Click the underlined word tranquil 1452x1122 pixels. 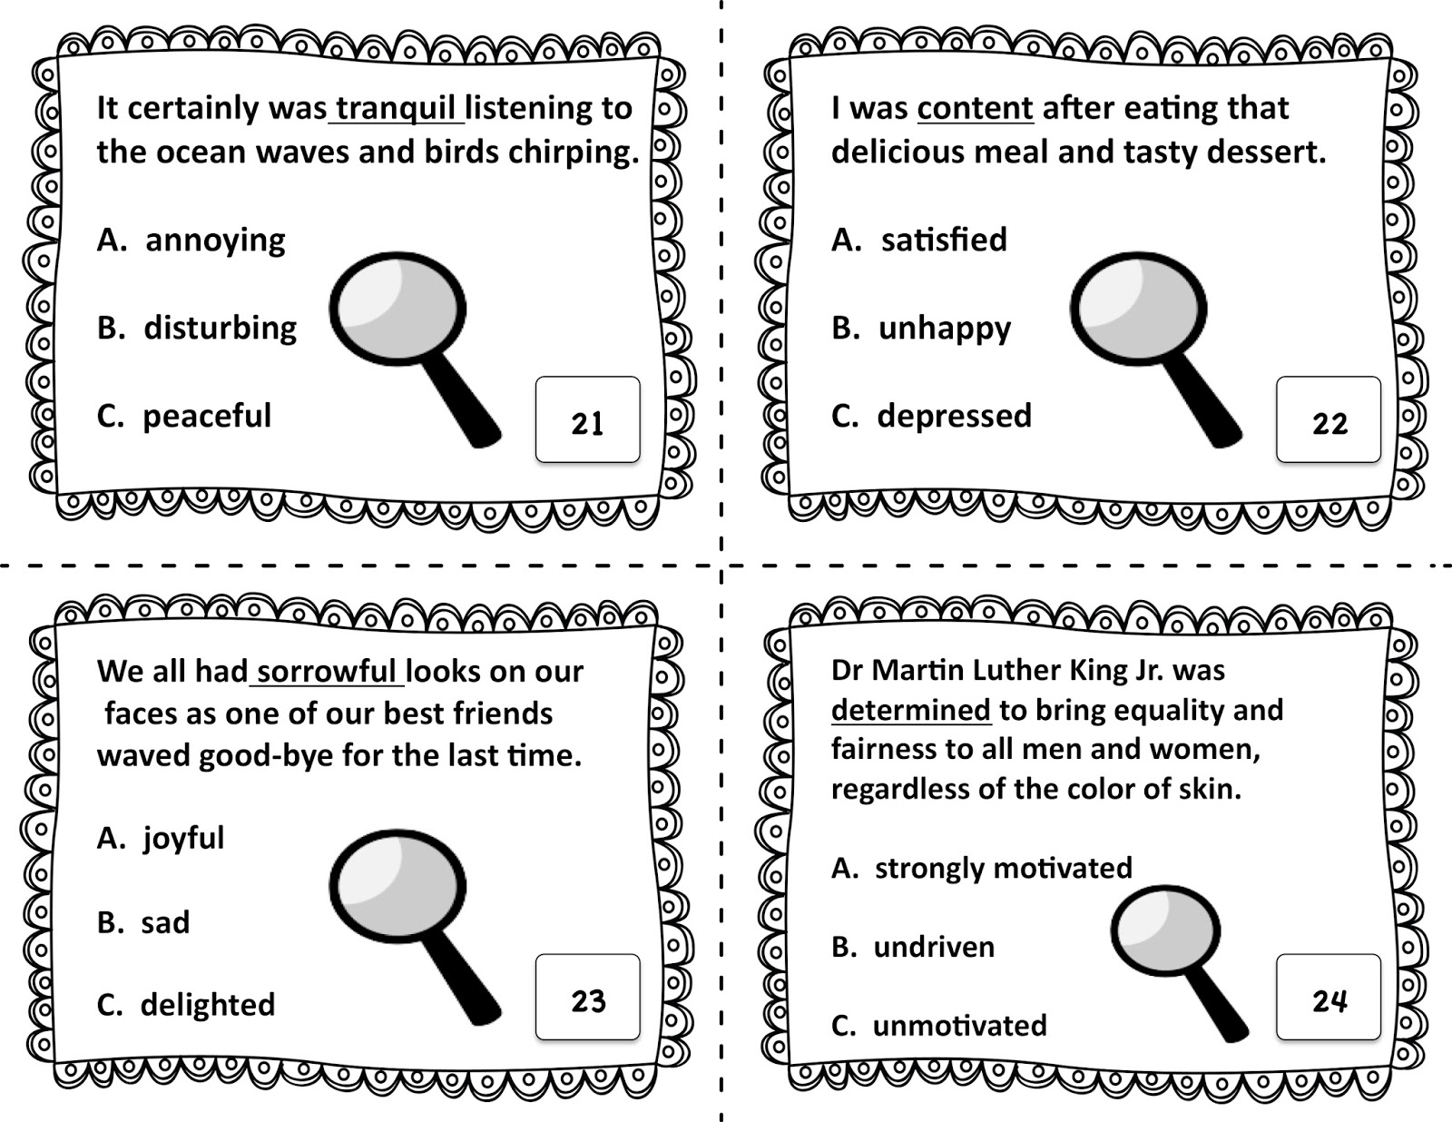396,109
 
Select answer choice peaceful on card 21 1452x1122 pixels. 207,417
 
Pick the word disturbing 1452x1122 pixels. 221,328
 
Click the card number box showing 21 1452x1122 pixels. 587,419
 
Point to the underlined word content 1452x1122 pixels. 976,108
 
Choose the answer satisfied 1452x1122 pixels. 944,240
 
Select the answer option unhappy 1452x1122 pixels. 945,329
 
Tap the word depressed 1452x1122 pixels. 954,417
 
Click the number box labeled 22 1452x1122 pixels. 1329,419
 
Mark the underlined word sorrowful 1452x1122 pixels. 327,672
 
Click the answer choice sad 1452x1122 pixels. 166,922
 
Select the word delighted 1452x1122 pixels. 208,1004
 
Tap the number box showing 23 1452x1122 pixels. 587,997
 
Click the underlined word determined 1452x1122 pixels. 911,710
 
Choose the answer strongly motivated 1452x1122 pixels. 1004,868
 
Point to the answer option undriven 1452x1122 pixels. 934,947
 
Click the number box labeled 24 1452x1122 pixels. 1329,997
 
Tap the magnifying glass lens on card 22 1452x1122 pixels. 1138,309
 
